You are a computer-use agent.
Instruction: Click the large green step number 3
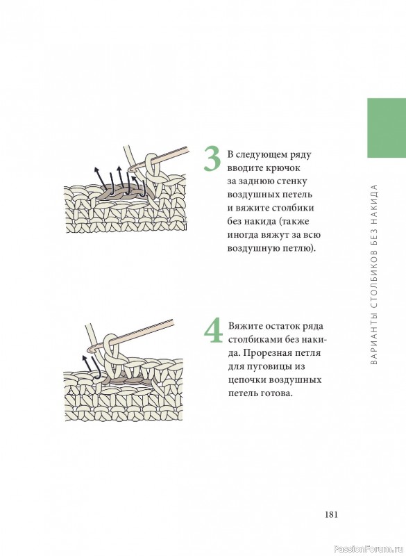(x=212, y=159)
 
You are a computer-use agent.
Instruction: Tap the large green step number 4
(x=214, y=331)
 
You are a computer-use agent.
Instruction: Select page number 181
(x=331, y=514)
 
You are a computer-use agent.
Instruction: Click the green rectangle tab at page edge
(x=387, y=128)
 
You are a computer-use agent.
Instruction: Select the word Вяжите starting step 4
(x=246, y=326)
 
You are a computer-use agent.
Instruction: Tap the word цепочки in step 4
(x=247, y=380)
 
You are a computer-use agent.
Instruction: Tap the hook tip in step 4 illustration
(x=92, y=349)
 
